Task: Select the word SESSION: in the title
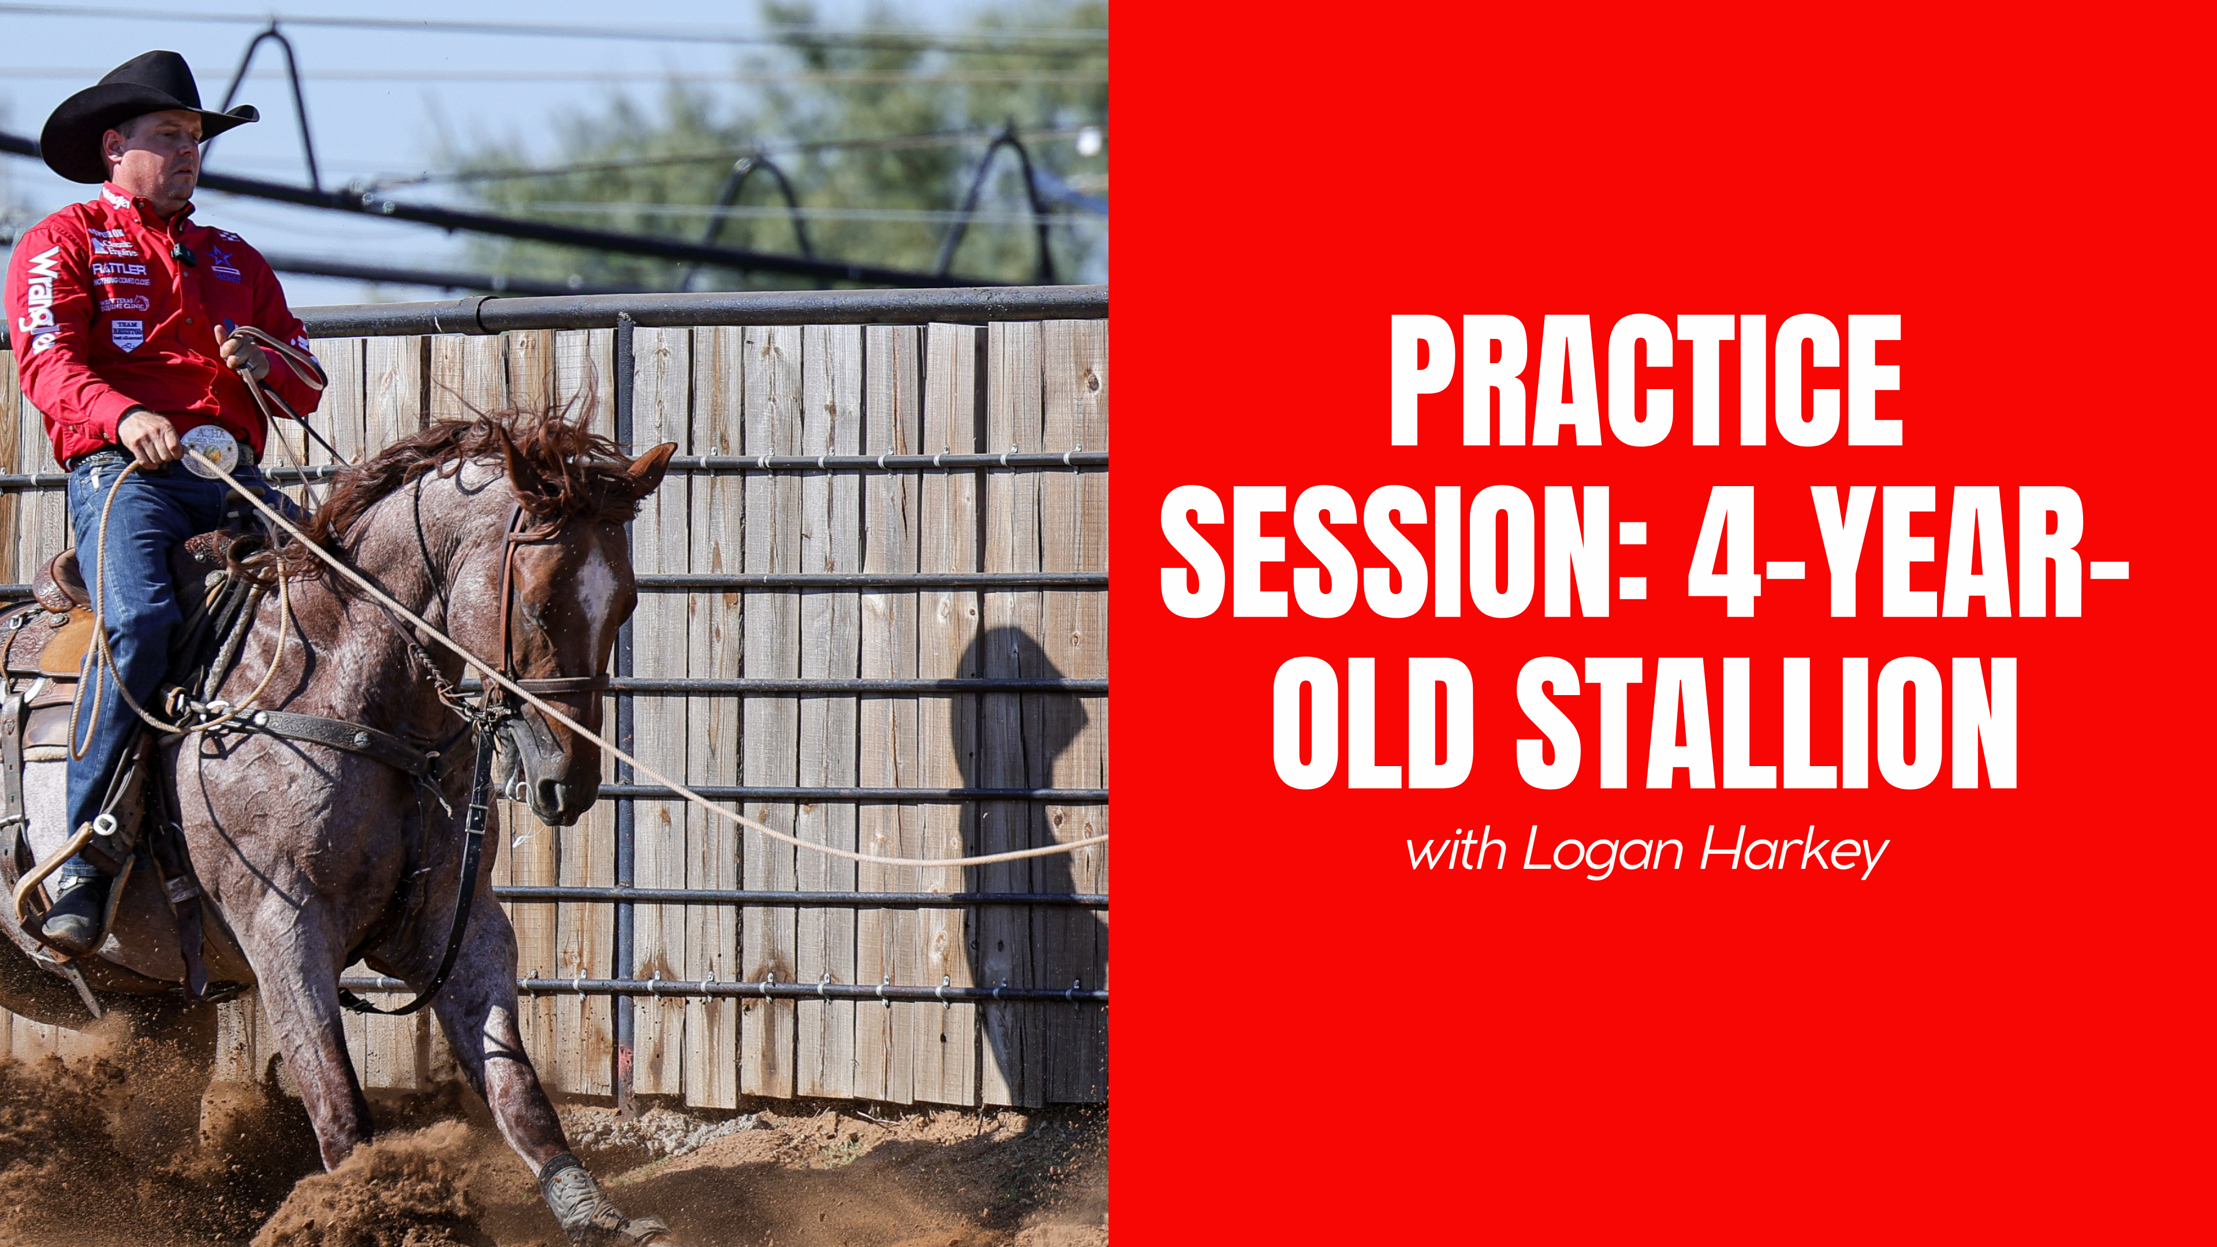(x=1403, y=552)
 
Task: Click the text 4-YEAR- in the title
(x=1906, y=552)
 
